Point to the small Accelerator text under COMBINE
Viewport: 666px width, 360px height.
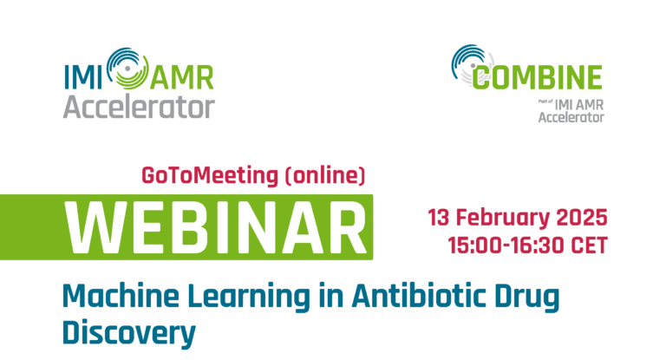coord(571,117)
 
